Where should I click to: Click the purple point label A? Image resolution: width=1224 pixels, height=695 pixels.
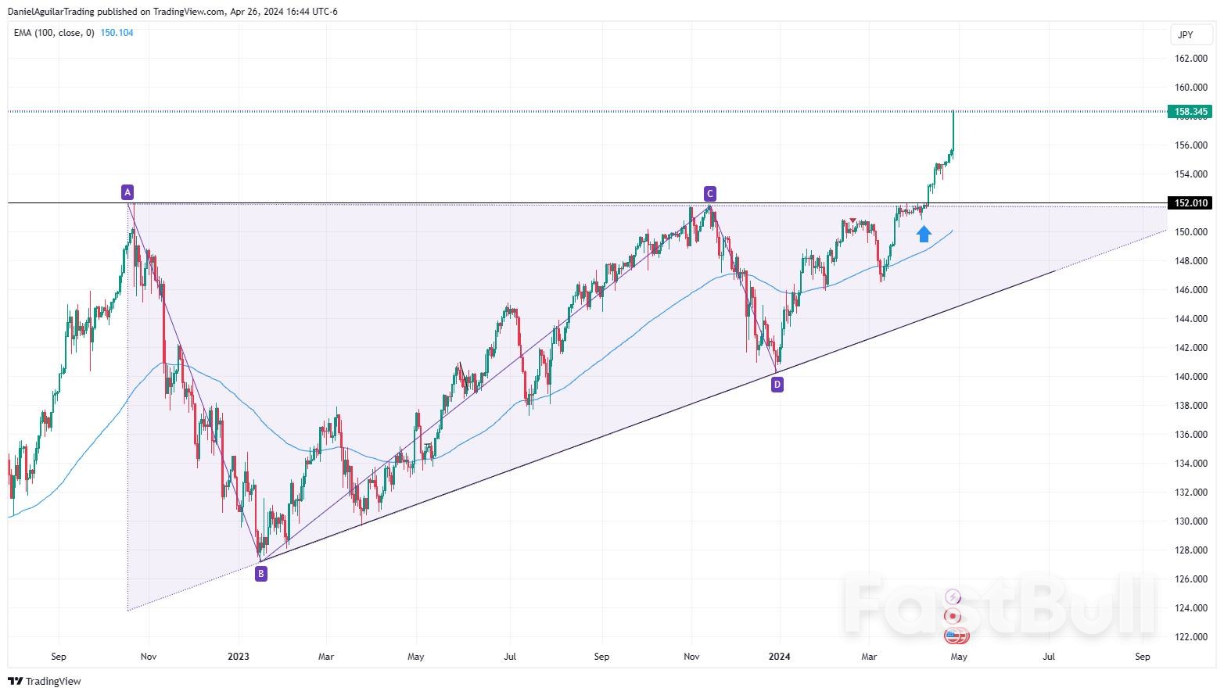click(x=127, y=192)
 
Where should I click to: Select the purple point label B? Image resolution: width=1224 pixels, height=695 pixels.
click(x=261, y=574)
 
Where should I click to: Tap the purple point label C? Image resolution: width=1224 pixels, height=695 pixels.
click(x=709, y=194)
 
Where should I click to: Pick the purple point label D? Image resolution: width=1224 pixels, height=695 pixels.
click(x=777, y=384)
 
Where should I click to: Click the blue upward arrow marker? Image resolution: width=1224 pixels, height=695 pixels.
click(x=924, y=233)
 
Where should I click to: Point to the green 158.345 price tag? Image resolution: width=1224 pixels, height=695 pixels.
click(x=1189, y=112)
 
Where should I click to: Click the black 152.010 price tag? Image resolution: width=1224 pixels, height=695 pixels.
click(x=1189, y=203)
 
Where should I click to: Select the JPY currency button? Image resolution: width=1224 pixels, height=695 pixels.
click(x=1185, y=35)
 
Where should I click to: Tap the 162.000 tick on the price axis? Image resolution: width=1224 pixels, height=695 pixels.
click(x=1190, y=59)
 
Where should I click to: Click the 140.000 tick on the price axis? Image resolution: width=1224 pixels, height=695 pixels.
click(x=1190, y=377)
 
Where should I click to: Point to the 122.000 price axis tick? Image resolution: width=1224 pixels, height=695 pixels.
click(x=1190, y=637)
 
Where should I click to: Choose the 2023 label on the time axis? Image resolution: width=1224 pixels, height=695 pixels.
click(x=239, y=657)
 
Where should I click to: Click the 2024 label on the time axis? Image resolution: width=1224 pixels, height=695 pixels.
click(x=779, y=657)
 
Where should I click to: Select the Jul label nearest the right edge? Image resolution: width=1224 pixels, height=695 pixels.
click(x=1048, y=657)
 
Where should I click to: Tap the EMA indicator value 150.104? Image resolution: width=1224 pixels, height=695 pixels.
click(x=117, y=33)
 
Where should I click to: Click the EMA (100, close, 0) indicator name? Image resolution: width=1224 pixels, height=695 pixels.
click(x=54, y=33)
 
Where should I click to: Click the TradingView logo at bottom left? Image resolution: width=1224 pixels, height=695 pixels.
click(x=45, y=682)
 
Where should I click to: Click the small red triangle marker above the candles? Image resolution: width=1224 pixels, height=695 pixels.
click(x=852, y=220)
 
